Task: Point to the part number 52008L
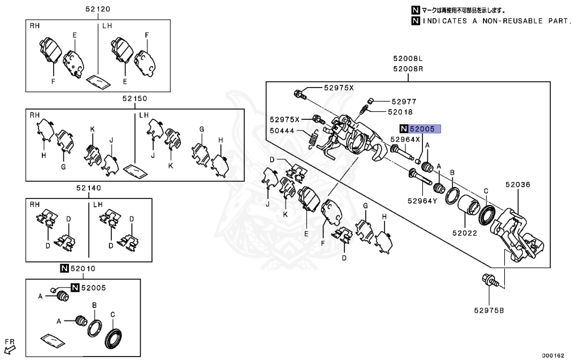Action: [x=408, y=59]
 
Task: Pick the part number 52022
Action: [x=464, y=232]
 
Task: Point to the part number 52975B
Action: [x=489, y=309]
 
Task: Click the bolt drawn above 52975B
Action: [x=490, y=280]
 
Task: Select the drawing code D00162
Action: [x=554, y=355]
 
